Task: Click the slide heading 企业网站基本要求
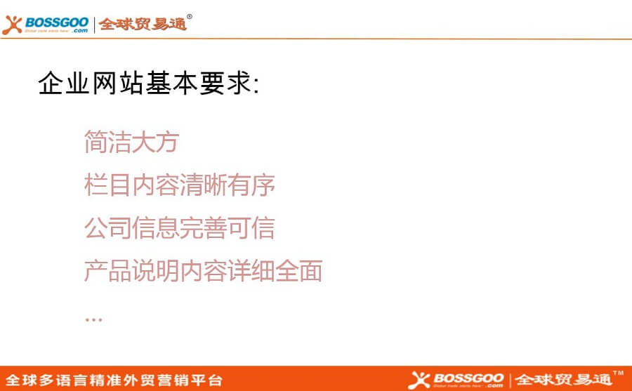148,84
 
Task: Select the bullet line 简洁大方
132,142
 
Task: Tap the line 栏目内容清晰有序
180,185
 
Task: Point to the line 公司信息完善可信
180,227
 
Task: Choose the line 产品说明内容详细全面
203,270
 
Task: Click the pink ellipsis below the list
93,320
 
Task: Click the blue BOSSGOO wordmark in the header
57,23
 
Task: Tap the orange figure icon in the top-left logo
12,25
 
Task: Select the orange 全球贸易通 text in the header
143,24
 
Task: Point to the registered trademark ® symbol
190,17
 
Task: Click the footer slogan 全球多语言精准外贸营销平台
114,380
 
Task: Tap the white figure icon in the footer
419,380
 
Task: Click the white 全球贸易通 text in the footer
563,380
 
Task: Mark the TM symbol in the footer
618,373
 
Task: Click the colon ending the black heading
256,86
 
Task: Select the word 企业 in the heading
63,84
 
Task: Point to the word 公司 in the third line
107,227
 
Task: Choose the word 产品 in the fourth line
107,270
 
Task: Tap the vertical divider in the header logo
94,25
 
